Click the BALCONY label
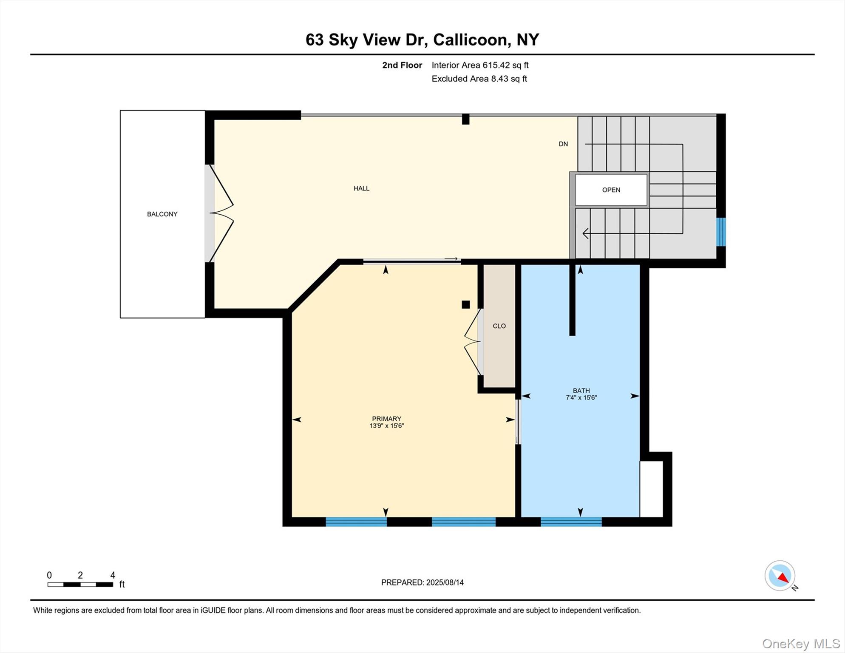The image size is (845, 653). [x=162, y=214]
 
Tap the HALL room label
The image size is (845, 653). [x=361, y=188]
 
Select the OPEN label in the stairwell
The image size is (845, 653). [x=611, y=190]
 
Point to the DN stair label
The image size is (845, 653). [x=563, y=144]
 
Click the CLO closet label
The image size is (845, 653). [x=499, y=326]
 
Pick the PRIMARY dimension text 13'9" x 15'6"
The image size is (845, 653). [x=386, y=426]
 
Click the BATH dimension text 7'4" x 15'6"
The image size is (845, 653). [x=581, y=398]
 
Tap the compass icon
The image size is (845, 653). [x=780, y=576]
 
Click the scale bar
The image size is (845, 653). [x=80, y=585]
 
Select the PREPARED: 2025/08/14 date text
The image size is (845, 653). [x=422, y=582]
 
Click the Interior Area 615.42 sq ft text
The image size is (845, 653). [x=480, y=65]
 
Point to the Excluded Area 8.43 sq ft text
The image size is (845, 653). [x=479, y=79]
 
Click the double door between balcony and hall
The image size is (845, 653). [x=219, y=213]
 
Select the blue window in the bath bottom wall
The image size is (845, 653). [x=571, y=522]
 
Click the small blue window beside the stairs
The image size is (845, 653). [x=721, y=232]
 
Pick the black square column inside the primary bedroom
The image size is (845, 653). [x=465, y=304]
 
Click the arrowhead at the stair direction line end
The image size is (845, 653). [x=586, y=233]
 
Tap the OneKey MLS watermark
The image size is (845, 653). [x=801, y=644]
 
